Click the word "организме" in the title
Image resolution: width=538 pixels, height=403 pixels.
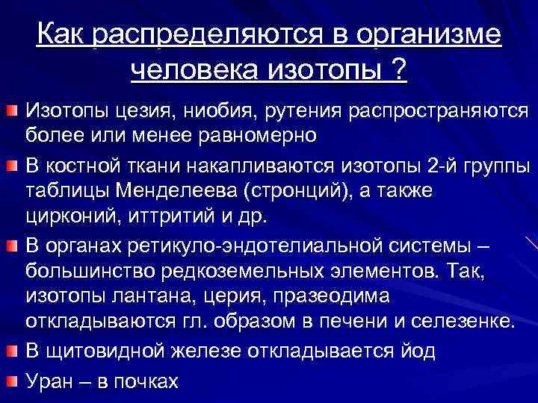coord(429,34)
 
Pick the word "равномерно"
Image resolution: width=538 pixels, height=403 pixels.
coord(254,137)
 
